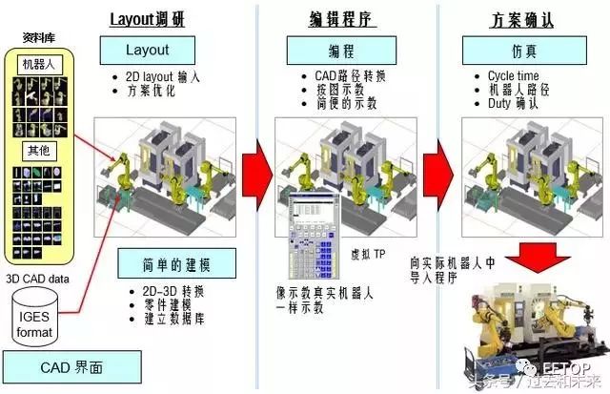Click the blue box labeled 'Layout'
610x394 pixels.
click(147, 50)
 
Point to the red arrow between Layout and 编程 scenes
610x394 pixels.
click(255, 170)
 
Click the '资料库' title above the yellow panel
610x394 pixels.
click(37, 39)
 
